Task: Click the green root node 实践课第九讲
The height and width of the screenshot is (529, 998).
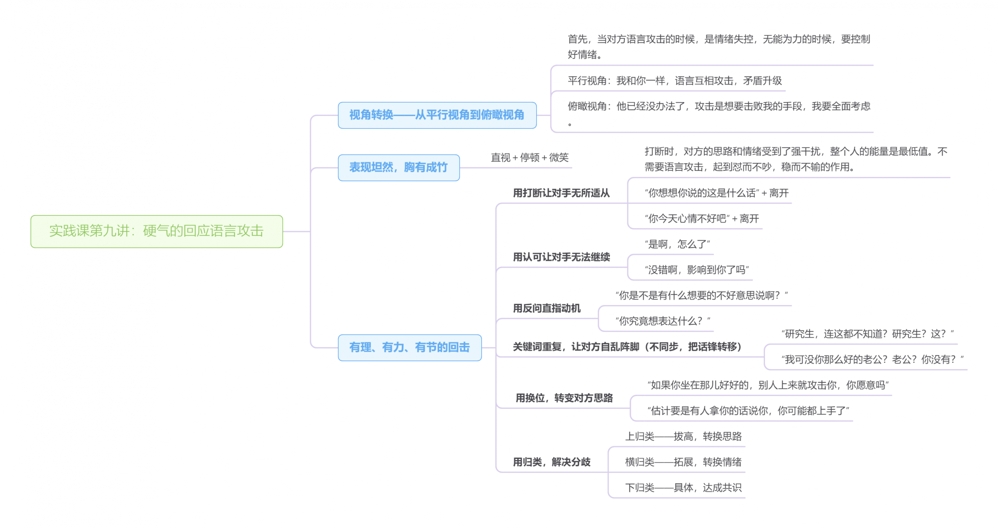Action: point(156,232)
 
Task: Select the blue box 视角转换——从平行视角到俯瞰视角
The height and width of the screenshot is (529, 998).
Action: point(437,115)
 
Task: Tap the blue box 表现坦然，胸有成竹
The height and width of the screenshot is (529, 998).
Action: point(398,167)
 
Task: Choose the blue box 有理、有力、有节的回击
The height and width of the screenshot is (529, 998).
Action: point(409,347)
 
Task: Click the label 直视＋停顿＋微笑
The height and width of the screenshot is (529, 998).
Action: point(529,158)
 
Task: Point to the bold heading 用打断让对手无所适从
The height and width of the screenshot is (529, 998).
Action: point(561,193)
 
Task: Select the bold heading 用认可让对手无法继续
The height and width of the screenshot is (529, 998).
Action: point(561,257)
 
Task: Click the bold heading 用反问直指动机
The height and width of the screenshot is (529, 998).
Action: point(546,308)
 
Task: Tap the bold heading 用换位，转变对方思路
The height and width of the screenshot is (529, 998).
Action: point(564,398)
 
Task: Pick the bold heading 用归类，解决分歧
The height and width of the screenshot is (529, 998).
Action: point(551,462)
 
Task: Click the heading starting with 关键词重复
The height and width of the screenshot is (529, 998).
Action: point(627,347)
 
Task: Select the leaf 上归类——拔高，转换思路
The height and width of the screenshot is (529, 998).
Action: point(683,437)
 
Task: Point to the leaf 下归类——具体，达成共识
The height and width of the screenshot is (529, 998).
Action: point(683,488)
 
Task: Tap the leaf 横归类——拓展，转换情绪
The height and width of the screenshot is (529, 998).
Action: point(683,462)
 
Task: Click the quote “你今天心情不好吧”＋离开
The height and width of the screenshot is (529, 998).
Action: point(701,219)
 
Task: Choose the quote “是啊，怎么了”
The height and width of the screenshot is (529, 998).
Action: point(677,244)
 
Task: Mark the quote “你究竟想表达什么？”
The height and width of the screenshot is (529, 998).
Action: point(662,321)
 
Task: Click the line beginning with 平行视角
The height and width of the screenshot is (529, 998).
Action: point(675,81)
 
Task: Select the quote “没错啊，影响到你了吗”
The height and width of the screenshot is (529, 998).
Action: point(696,270)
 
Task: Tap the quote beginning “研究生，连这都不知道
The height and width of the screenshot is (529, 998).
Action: point(867,334)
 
